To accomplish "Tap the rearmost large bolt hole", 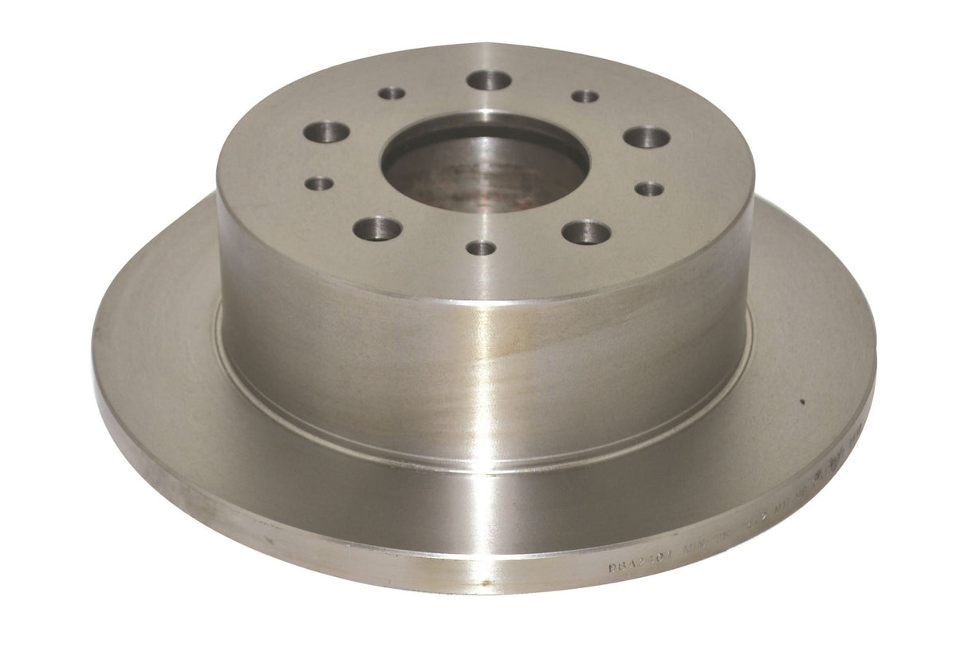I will tap(489, 80).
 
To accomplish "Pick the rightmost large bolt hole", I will tap(647, 136).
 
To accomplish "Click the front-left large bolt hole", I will tap(377, 228).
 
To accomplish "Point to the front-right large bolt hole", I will tap(586, 232).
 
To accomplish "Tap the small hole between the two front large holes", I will tap(482, 247).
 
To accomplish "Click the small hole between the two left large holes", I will tap(319, 183).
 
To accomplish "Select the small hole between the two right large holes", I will tap(651, 188).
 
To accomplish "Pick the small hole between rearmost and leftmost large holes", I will tap(392, 93).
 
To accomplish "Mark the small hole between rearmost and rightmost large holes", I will tap(585, 96).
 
